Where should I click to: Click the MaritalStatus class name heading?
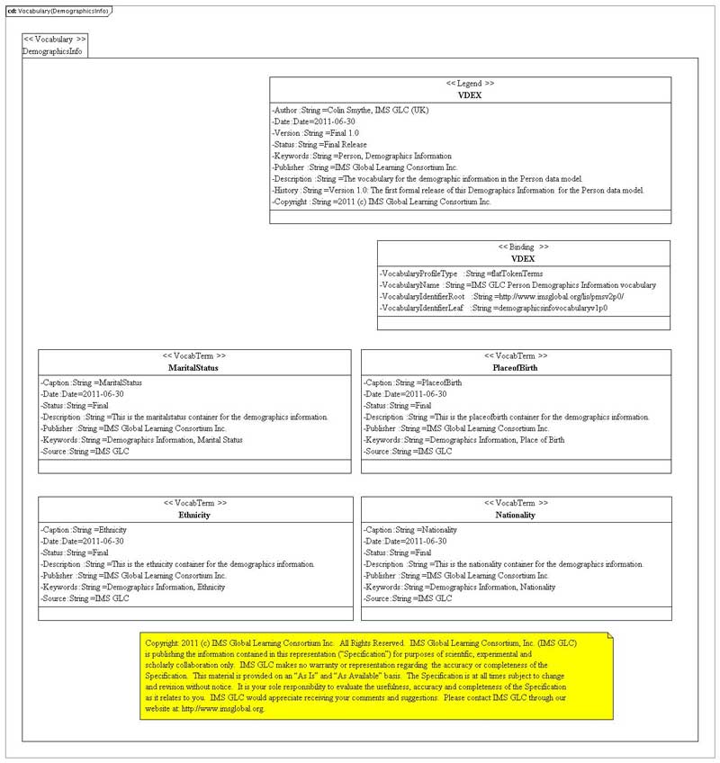193,368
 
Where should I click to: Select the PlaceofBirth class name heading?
515,368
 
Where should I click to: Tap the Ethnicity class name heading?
194,515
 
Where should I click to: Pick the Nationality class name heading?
515,515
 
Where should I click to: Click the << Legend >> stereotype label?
470,83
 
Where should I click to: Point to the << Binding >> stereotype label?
523,247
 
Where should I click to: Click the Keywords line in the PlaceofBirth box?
464,440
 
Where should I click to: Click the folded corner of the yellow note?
608,637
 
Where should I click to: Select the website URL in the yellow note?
222,709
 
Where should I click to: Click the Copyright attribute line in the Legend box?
382,202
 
